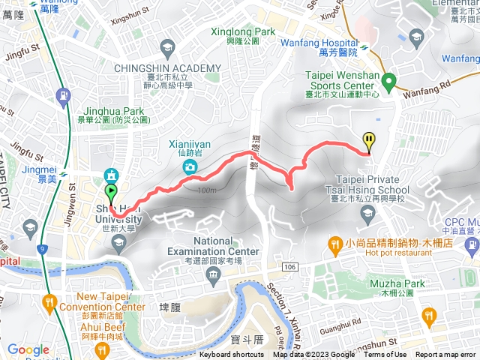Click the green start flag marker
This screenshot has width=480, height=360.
coord(112,193)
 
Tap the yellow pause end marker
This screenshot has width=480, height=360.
coord(369,140)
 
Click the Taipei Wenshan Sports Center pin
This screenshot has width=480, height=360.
coord(388,80)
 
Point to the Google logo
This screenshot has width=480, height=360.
coord(28,349)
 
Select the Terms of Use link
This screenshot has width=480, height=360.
coord(385,355)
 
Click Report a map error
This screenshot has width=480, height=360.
coord(446,355)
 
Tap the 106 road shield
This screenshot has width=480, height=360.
coord(289,266)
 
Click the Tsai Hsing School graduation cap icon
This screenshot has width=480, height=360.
coord(367,214)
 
